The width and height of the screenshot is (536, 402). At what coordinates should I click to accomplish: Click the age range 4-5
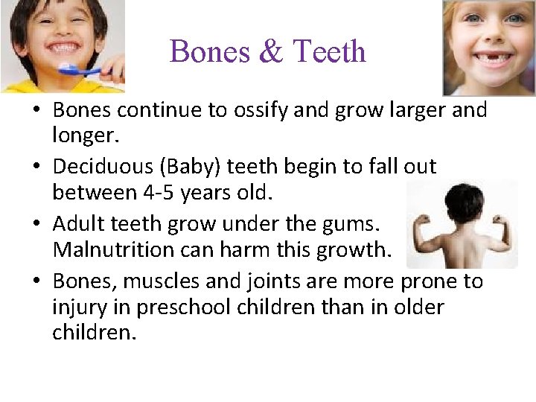tap(161, 194)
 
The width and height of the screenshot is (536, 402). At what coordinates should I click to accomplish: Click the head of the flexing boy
tap(460, 200)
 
